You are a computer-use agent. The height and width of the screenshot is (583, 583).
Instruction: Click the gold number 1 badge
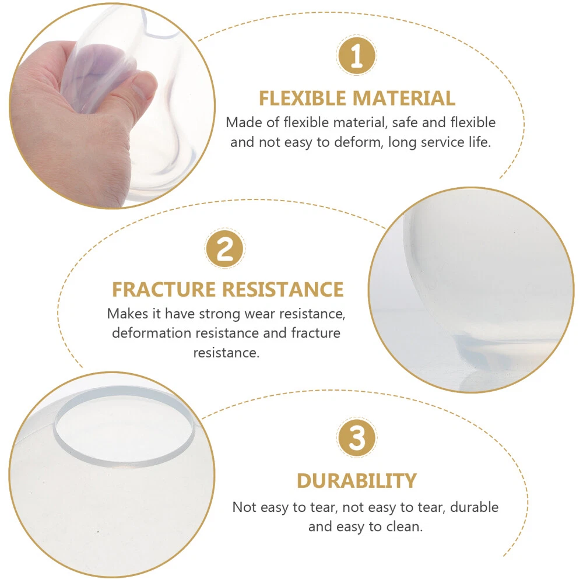[x=357, y=55]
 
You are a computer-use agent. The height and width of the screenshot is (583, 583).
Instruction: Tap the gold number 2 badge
[x=224, y=248]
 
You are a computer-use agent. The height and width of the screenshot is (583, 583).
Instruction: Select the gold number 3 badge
[x=357, y=437]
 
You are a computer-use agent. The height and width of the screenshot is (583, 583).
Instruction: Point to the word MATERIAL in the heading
[x=404, y=99]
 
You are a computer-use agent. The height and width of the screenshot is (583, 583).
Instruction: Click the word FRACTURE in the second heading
[x=164, y=290]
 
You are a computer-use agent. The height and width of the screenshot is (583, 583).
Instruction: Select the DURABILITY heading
[x=357, y=481]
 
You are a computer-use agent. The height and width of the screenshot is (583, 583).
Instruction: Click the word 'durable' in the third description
[x=474, y=507]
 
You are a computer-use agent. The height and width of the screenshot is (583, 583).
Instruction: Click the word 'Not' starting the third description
[x=244, y=507]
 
